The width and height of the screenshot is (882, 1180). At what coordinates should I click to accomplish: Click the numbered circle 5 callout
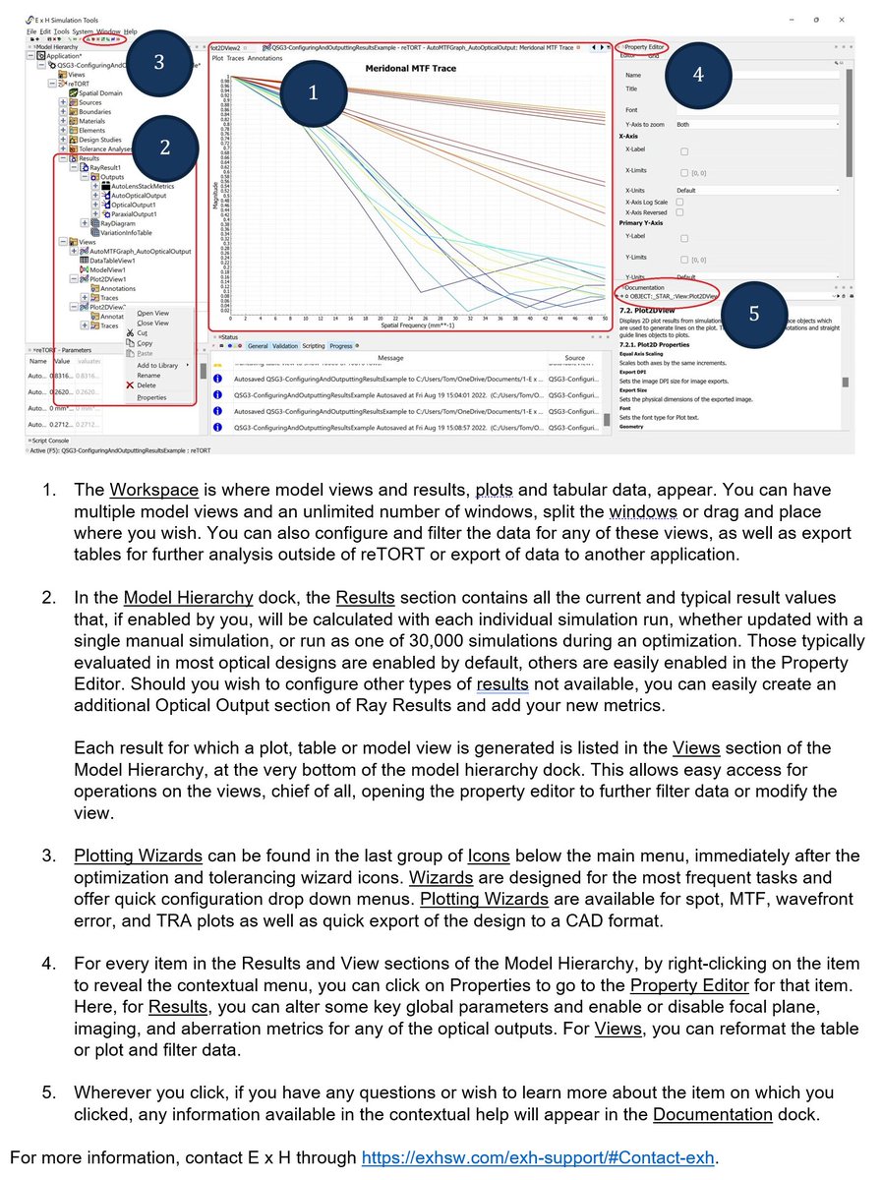pos(753,313)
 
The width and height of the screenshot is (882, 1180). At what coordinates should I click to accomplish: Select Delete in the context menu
pos(146,385)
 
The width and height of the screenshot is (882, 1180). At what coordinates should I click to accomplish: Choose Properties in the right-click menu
pos(151,397)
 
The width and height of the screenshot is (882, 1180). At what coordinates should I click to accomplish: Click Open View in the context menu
pos(152,313)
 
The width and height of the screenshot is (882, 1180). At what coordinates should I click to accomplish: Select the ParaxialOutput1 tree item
pos(134,213)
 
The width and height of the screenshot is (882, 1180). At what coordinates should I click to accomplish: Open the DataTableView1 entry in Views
pos(117,260)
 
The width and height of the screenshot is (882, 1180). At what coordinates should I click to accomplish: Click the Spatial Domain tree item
pos(100,92)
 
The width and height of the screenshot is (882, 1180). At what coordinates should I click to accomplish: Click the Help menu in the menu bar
pos(130,31)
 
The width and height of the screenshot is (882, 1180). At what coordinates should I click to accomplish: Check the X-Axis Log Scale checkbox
pos(679,201)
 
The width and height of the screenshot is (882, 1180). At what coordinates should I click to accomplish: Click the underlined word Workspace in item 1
pos(153,490)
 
